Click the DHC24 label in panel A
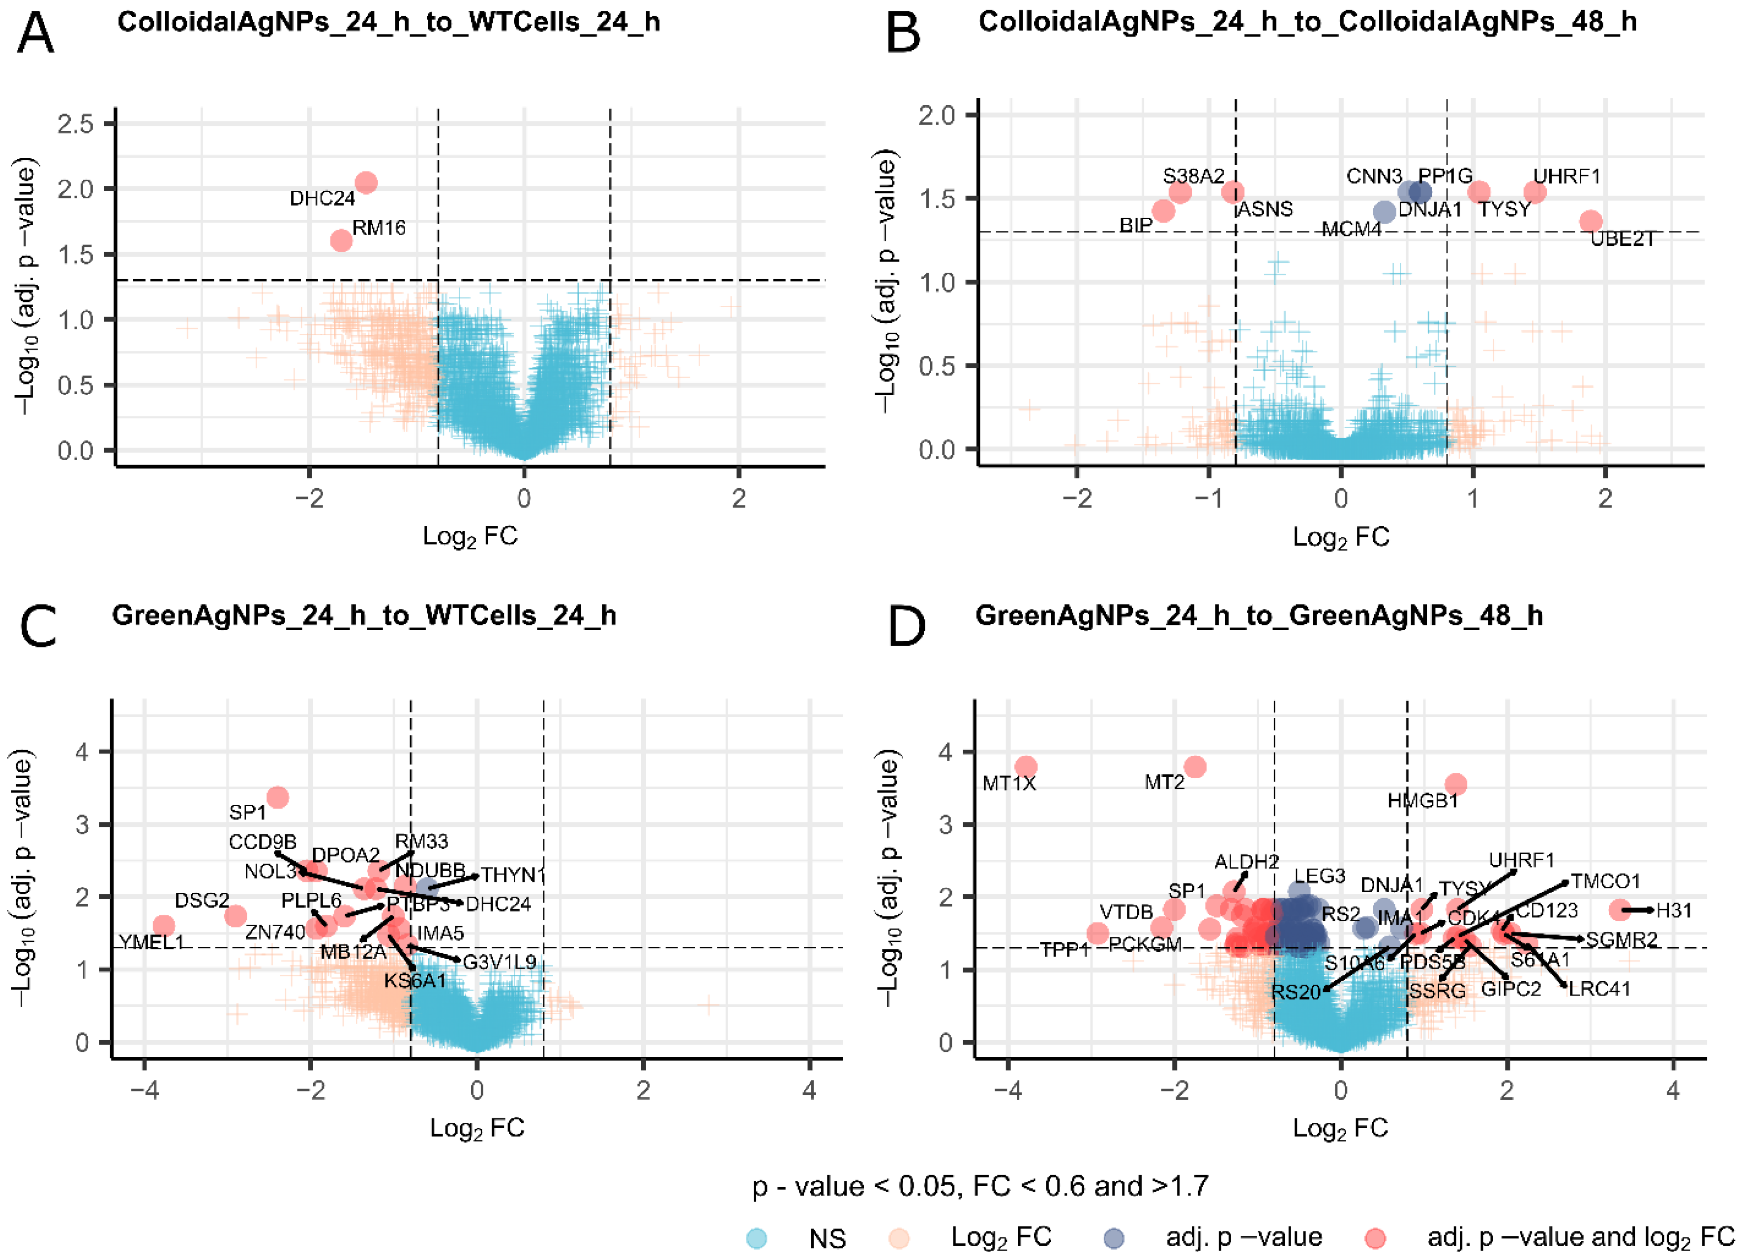click(322, 199)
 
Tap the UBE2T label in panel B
click(1622, 239)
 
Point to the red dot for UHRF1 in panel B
click(1535, 192)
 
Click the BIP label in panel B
click(1135, 225)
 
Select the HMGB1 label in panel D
click(1422, 801)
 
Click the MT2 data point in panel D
click(1195, 766)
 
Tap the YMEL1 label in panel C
click(152, 942)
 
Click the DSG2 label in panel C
click(202, 900)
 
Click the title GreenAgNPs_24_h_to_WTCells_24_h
click(364, 616)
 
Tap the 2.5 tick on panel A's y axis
click(75, 124)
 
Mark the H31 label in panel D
click(1674, 911)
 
